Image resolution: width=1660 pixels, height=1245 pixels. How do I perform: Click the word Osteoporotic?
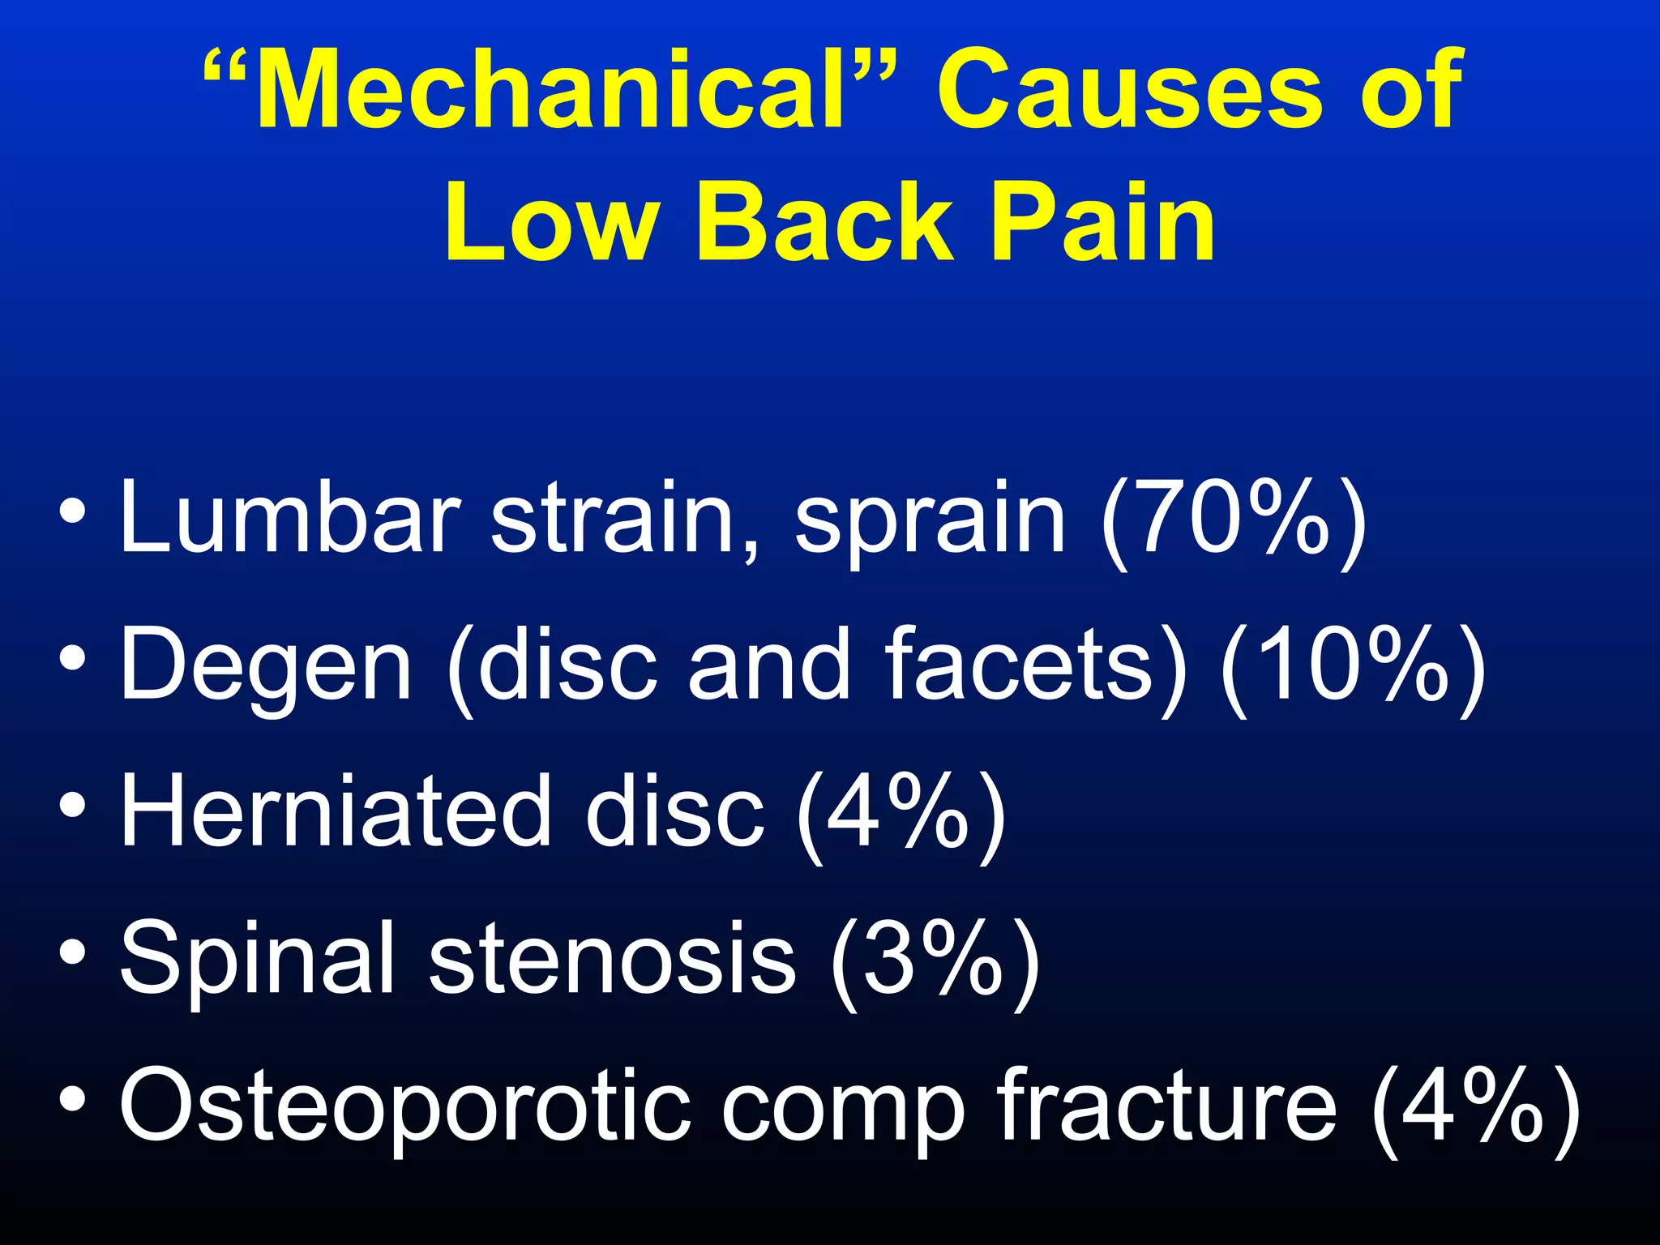point(405,1106)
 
